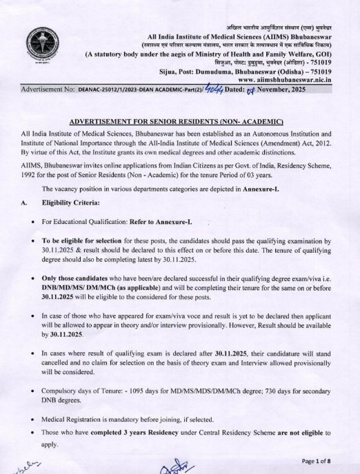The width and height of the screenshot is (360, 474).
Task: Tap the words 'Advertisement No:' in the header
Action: [30, 90]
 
